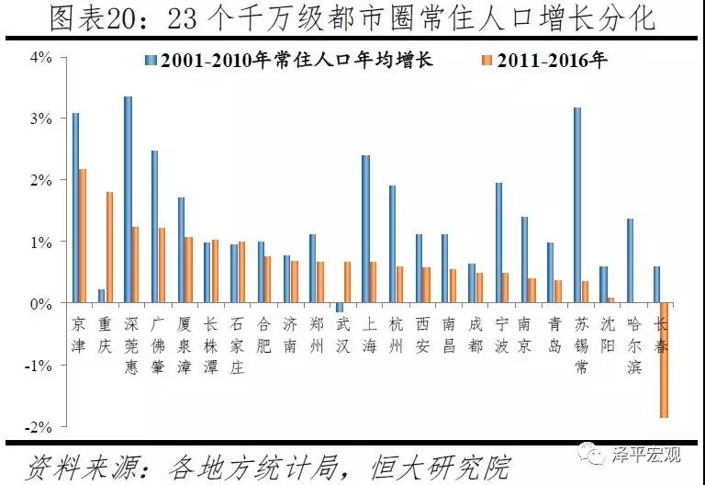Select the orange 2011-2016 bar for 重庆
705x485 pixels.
tap(109, 247)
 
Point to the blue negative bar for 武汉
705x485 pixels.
tap(339, 308)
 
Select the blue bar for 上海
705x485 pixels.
tap(365, 229)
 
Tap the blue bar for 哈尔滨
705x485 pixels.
tap(631, 261)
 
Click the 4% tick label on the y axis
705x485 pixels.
tap(41, 57)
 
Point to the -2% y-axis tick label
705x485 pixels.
tap(39, 427)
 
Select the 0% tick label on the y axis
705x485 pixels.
tap(41, 303)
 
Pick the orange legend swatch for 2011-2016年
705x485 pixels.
tap(486, 62)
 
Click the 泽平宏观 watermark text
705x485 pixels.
tap(646, 454)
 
